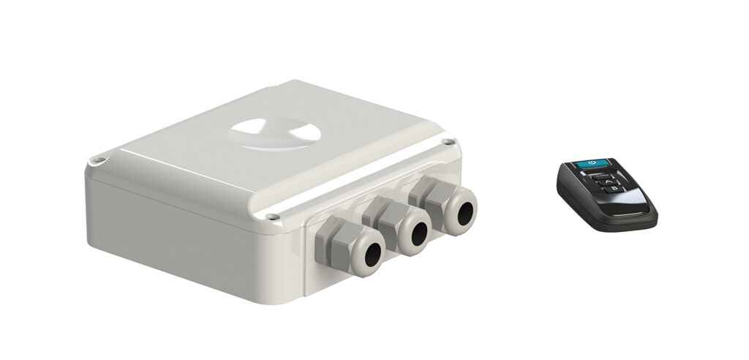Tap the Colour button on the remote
[601, 176]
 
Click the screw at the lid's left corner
[95, 159]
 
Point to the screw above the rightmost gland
[447, 142]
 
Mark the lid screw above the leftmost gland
[272, 217]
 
